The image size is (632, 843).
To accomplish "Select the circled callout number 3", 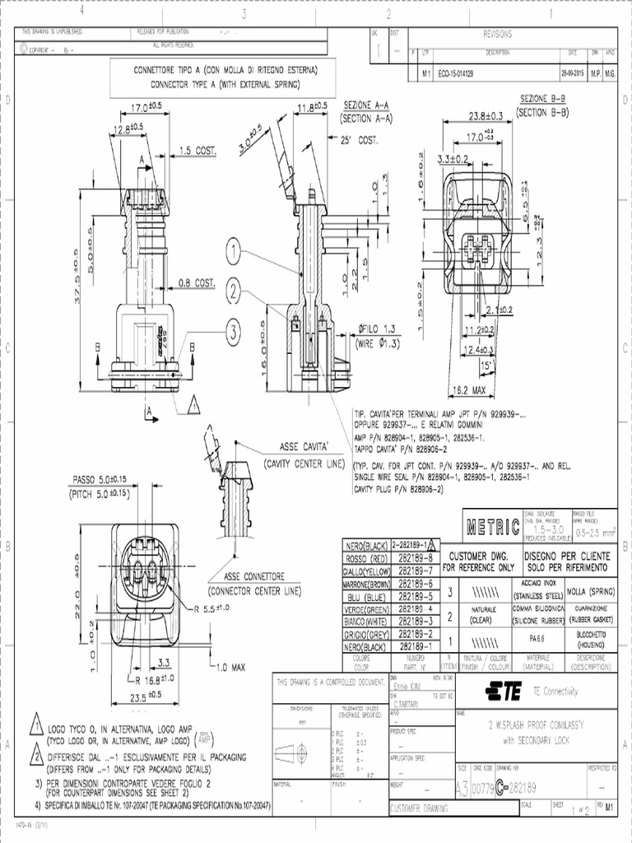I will (234, 332).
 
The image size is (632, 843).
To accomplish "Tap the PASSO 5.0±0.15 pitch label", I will (100, 478).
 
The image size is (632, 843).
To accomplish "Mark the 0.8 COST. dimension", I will (197, 282).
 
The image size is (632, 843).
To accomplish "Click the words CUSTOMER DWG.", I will (478, 557).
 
